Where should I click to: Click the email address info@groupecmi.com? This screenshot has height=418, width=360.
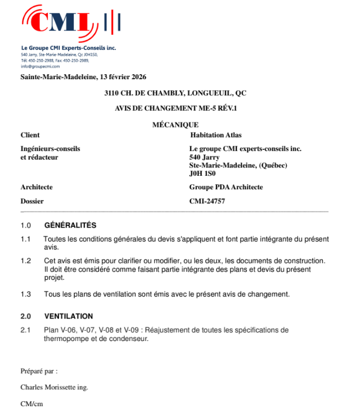click(x=40, y=66)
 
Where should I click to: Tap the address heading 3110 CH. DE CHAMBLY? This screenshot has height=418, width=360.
click(x=175, y=93)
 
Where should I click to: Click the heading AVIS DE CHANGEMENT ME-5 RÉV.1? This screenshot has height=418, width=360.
click(x=175, y=109)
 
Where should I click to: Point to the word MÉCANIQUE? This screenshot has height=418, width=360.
click(x=175, y=125)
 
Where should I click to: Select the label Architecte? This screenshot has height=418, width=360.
click(x=37, y=187)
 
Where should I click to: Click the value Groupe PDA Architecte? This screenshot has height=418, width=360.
click(x=226, y=187)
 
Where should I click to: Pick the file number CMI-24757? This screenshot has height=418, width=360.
click(x=208, y=201)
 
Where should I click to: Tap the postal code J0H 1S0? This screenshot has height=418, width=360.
click(x=202, y=174)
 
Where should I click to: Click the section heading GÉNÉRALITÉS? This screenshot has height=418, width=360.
click(x=70, y=225)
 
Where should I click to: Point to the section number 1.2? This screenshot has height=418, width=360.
click(x=25, y=261)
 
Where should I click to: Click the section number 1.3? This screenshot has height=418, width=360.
click(x=25, y=294)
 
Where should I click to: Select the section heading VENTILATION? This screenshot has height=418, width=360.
click(x=69, y=316)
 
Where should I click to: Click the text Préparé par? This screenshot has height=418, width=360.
click(x=39, y=371)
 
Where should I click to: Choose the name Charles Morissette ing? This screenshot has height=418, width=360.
click(x=54, y=387)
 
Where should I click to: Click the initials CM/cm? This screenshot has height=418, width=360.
click(x=31, y=403)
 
